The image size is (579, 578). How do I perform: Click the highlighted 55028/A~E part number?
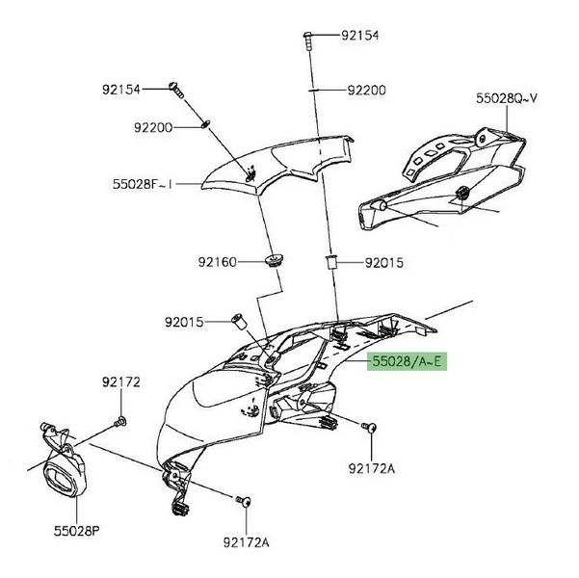click(x=405, y=362)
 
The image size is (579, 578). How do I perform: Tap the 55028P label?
click(x=78, y=530)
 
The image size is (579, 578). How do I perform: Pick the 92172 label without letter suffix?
click(x=121, y=382)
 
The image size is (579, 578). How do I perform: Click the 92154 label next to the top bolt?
click(x=359, y=35)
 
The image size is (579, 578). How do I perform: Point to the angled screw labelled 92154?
click(x=177, y=89)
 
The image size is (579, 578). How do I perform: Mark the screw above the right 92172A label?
click(x=368, y=425)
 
